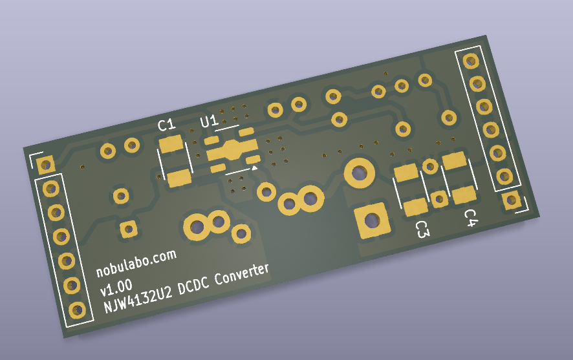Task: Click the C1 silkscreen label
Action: click(167, 125)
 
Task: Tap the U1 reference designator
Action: click(209, 122)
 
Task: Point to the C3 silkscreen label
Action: click(422, 229)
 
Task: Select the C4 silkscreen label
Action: click(471, 218)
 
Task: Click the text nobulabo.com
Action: click(136, 263)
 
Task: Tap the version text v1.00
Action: click(116, 288)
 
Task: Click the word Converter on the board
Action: click(241, 274)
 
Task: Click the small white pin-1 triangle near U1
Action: click(254, 167)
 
